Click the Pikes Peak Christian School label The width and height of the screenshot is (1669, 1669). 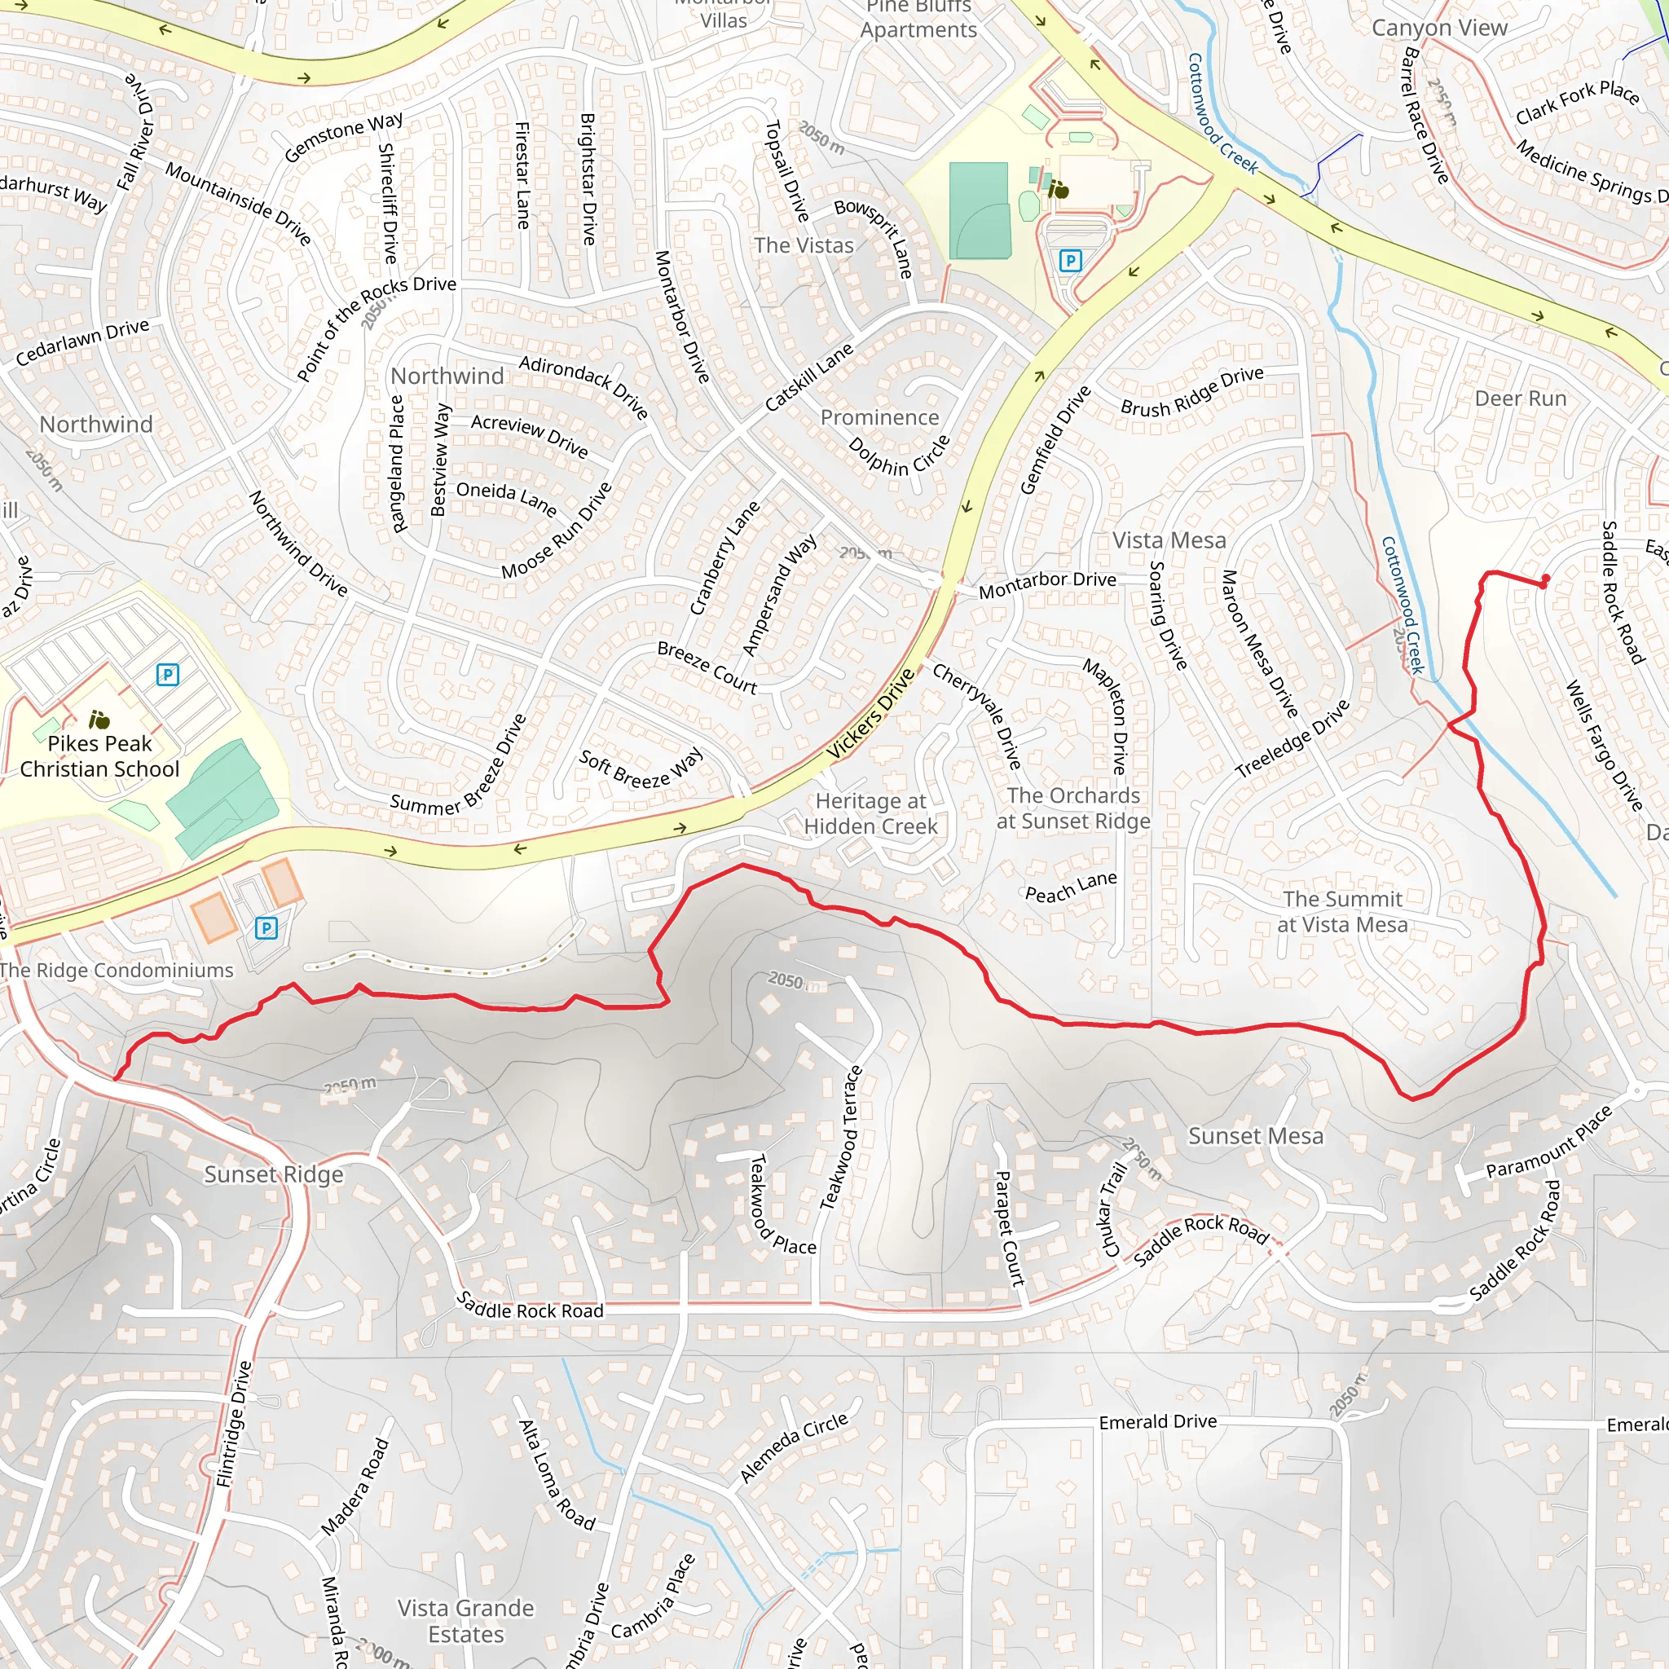(x=99, y=757)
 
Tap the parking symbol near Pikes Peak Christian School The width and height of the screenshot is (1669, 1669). (x=168, y=675)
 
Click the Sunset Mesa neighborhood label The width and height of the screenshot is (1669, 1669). (x=1255, y=1136)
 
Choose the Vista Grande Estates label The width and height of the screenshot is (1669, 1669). (x=465, y=1621)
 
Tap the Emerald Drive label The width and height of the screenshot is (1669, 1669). (x=1157, y=1422)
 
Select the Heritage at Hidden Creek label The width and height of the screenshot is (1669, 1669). (x=871, y=814)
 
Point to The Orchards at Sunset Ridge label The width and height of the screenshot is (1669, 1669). (x=1073, y=808)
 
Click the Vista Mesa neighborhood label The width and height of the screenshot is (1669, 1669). (x=1169, y=541)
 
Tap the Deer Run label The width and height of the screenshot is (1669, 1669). (x=1521, y=399)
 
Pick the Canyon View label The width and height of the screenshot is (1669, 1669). (x=1439, y=28)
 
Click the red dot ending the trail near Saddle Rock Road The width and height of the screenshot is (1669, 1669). (x=1544, y=579)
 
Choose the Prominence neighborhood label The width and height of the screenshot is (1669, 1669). (x=879, y=417)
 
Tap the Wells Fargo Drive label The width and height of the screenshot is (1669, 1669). (x=1604, y=746)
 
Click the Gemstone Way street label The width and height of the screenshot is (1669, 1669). (x=343, y=136)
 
